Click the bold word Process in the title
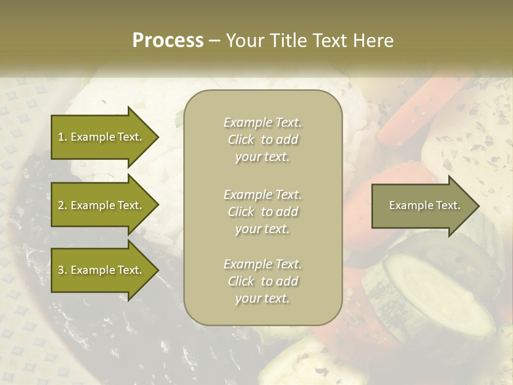168,40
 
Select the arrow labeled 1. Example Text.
102,137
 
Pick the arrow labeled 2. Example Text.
102,205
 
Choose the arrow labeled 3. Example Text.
102,270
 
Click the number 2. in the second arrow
63,205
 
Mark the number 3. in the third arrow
63,270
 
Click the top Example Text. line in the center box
262,122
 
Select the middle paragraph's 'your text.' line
262,229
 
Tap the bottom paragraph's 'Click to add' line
262,281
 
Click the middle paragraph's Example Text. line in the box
262,194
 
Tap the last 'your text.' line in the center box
262,299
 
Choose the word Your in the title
243,40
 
